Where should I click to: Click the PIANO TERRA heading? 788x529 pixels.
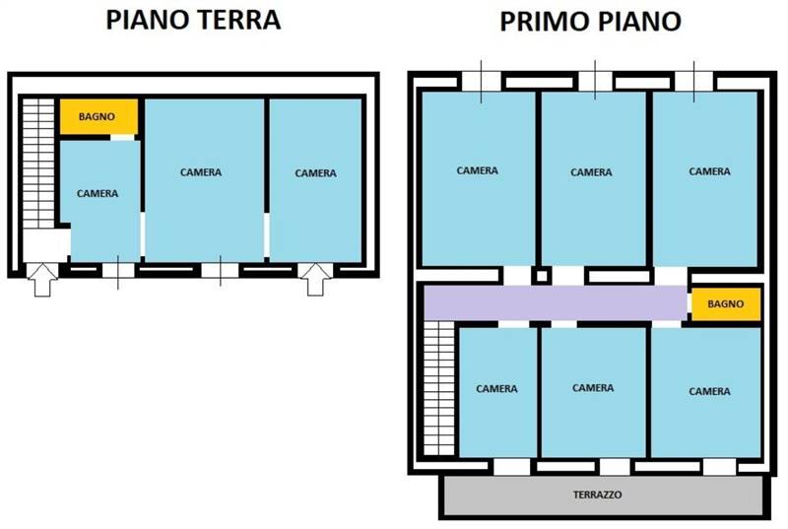[x=193, y=20]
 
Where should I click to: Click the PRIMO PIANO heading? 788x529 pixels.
[x=590, y=22]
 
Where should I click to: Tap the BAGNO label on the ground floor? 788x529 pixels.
[x=97, y=116]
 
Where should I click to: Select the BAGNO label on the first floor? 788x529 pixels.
[x=725, y=304]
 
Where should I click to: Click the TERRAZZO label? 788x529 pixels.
[x=597, y=495]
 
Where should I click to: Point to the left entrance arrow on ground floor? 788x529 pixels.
[x=42, y=280]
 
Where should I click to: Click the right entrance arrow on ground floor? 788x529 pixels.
[x=315, y=279]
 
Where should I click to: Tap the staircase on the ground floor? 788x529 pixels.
[x=38, y=164]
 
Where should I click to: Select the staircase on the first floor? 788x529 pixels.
[x=438, y=388]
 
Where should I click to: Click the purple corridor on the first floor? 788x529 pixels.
[x=556, y=303]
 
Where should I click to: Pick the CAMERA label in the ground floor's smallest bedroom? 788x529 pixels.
[x=98, y=193]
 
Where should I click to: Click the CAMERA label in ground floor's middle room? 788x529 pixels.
[x=201, y=172]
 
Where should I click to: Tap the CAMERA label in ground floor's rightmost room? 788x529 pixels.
[x=315, y=173]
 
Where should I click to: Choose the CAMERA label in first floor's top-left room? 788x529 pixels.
[x=478, y=170]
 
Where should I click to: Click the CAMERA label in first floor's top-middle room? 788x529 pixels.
[x=592, y=172]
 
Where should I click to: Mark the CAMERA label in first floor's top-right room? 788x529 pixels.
[x=709, y=171]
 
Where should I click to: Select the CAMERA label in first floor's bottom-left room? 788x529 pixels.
[x=497, y=389]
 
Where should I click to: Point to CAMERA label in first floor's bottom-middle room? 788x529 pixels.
[x=593, y=388]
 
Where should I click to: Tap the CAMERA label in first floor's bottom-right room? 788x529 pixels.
[x=709, y=391]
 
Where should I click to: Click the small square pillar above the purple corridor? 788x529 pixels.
[x=542, y=276]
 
